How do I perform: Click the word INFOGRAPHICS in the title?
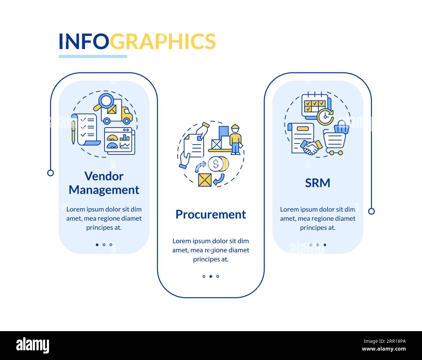click(137, 41)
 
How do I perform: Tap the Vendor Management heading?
click(104, 183)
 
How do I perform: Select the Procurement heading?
click(211, 215)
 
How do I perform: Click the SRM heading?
click(317, 183)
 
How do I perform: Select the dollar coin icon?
click(215, 164)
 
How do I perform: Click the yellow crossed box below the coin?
click(205, 180)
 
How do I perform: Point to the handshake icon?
click(311, 148)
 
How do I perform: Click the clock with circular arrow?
click(325, 117)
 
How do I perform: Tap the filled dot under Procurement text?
click(211, 277)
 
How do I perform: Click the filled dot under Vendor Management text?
click(97, 245)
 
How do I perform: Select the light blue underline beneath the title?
click(93, 56)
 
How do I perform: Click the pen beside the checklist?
click(73, 131)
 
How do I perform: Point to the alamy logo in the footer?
click(33, 345)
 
